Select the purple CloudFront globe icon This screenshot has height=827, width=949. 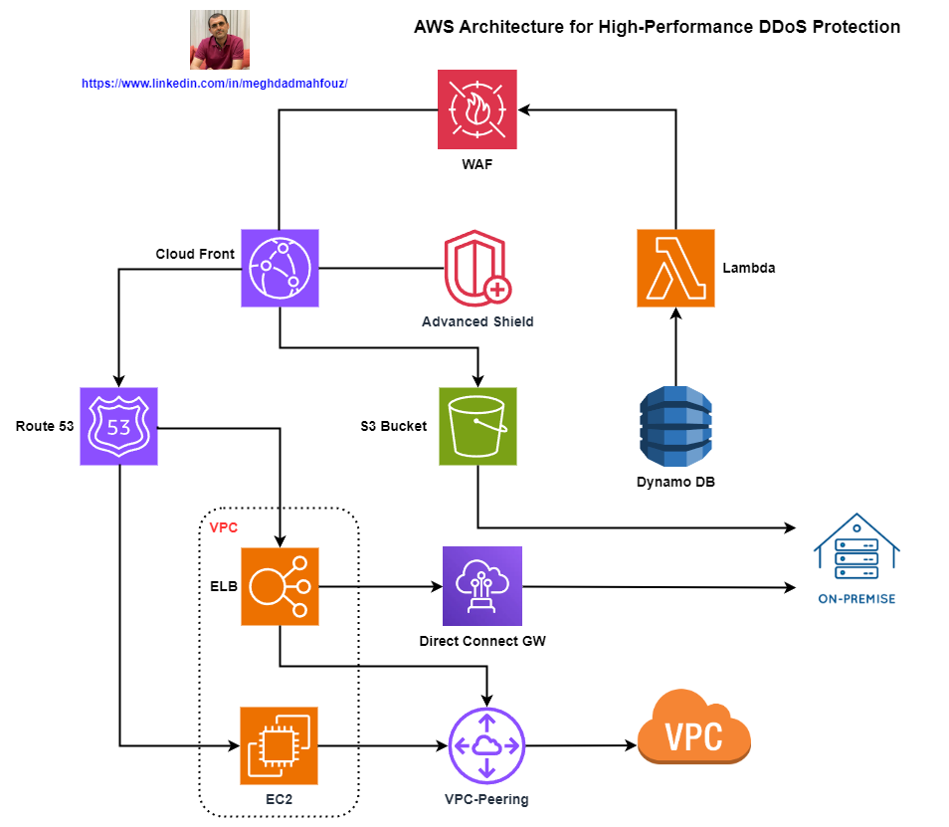pos(280,268)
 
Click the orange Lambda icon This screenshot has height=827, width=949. pos(675,268)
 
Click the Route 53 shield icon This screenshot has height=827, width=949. pos(118,427)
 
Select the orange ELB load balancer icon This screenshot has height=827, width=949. pos(280,586)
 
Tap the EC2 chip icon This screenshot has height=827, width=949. pos(280,745)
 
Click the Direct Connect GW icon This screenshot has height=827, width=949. pos(481,586)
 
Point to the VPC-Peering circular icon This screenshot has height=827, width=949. pos(486,745)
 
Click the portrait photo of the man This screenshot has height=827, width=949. pos(220,40)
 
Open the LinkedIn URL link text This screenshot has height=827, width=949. pos(214,85)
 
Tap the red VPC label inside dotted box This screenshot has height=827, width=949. pos(223,527)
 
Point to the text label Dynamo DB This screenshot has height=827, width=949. pos(675,483)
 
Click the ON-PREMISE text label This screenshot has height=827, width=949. pos(855,598)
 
